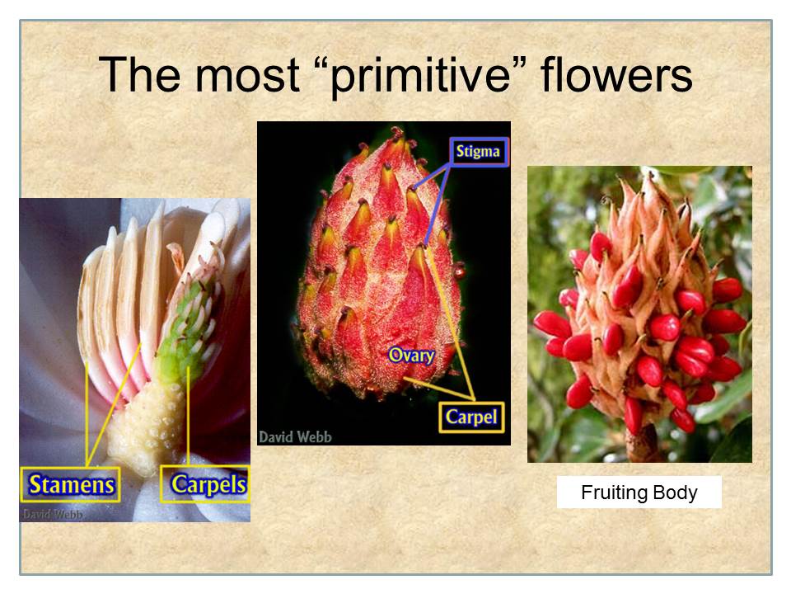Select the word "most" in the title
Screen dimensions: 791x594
pyautogui.click(x=247, y=76)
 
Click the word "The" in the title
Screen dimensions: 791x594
pyautogui.click(x=140, y=74)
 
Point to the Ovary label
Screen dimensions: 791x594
pyautogui.click(x=412, y=355)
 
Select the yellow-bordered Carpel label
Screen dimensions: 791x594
pyautogui.click(x=471, y=417)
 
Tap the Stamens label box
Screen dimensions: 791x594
pyautogui.click(x=71, y=484)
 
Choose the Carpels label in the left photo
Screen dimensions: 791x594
pyautogui.click(x=205, y=484)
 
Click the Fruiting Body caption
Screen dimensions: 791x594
pyautogui.click(x=639, y=492)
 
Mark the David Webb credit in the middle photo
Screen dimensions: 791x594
pyautogui.click(x=295, y=436)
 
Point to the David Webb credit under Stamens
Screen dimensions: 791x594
pyautogui.click(x=53, y=514)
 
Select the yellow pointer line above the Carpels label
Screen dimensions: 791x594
pyautogui.click(x=188, y=416)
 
